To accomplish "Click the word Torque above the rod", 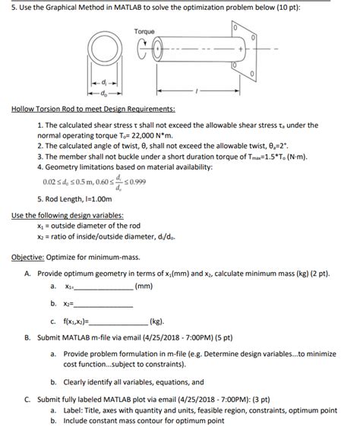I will pyautogui.click(x=144, y=30).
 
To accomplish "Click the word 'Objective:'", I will pyautogui.click(x=31, y=255).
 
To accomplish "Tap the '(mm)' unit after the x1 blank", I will pyautogui.click(x=143, y=285).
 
